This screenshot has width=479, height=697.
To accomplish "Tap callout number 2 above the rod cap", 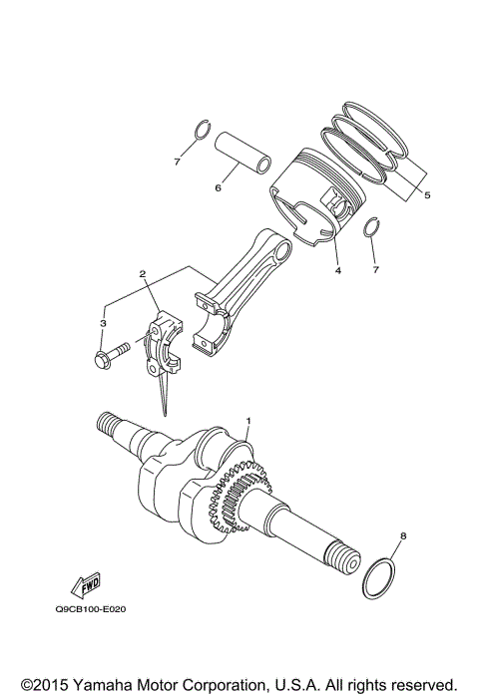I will click(143, 274).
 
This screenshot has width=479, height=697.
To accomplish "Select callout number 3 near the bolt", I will click(103, 323).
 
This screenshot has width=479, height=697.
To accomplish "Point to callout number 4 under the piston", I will click(338, 271).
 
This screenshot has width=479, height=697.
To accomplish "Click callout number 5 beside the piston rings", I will click(427, 195).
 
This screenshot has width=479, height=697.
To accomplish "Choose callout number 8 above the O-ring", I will click(402, 537).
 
